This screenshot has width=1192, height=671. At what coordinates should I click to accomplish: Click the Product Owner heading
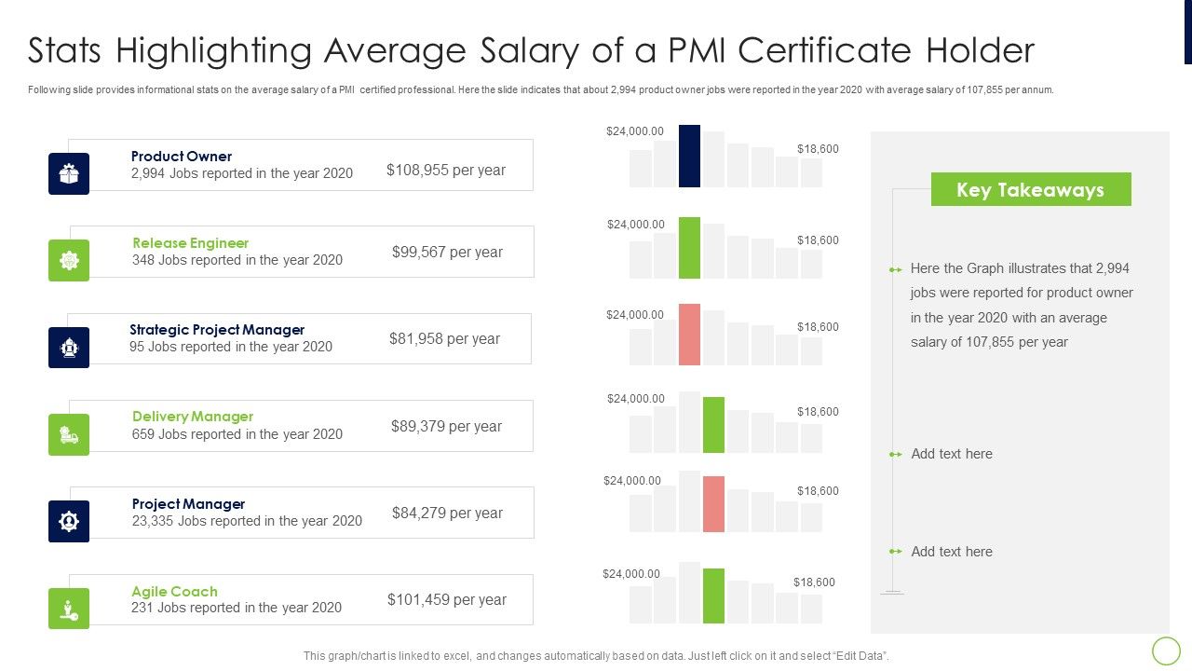coord(182,157)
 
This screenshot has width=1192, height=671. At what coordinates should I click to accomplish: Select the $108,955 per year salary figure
coord(446,170)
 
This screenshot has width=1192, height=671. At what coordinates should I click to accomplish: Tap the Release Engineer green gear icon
coord(69,260)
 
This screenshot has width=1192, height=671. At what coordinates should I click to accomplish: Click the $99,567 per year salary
coord(447,252)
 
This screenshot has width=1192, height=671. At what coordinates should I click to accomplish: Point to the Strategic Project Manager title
coord(217,330)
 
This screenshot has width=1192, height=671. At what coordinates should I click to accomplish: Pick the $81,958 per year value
coord(444,338)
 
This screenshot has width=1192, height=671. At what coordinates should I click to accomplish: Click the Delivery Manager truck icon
coord(69,434)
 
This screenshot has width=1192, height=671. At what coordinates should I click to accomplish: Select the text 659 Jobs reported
coord(237,434)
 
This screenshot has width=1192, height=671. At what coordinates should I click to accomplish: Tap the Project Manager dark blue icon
coord(69,521)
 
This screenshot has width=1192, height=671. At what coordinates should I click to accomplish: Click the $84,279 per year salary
coord(447,513)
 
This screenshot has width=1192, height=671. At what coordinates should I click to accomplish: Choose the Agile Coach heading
coord(174,592)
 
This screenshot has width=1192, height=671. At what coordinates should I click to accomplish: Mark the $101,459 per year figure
coord(447,599)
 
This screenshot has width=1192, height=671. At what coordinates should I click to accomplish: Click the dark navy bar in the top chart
coord(689,156)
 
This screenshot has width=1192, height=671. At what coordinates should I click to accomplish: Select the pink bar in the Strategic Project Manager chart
coord(689,335)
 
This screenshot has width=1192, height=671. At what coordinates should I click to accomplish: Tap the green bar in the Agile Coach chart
coord(713,595)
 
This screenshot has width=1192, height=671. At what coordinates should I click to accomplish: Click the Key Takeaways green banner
coord(1030,189)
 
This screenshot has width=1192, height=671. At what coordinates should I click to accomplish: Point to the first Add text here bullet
coord(951,454)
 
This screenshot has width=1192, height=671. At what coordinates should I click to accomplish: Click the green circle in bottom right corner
coord(1166,650)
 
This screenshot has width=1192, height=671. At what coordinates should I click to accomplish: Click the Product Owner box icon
coord(69,173)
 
